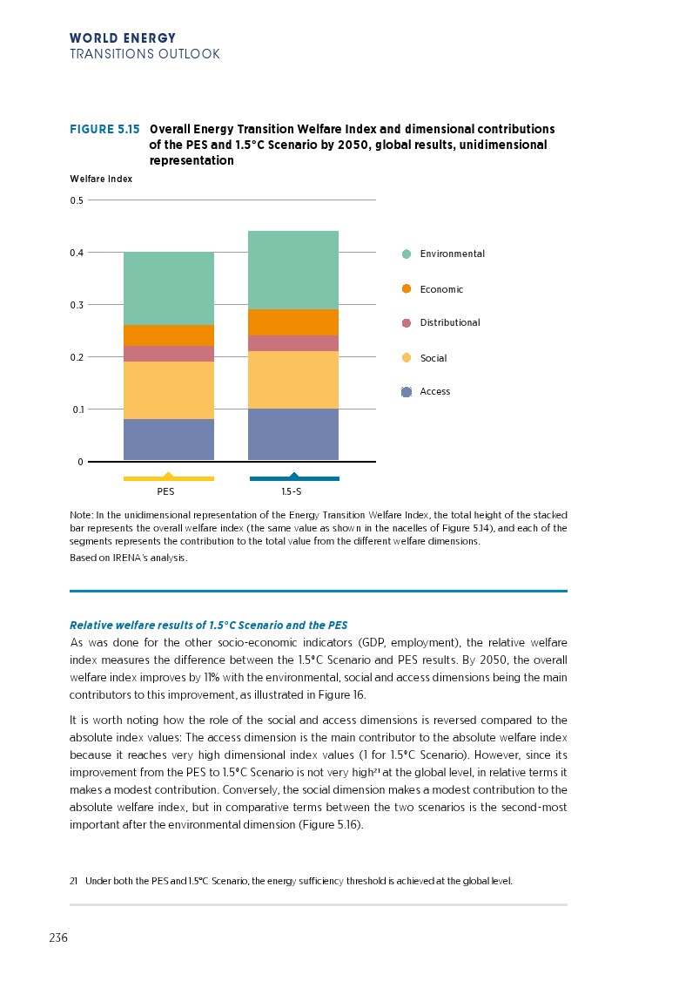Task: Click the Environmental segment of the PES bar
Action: pos(169,288)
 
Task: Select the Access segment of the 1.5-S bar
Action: pos(293,434)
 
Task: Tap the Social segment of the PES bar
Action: pos(169,390)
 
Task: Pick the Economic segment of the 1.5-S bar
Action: pos(293,322)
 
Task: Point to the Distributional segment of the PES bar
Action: pos(169,354)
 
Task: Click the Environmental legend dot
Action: pos(407,254)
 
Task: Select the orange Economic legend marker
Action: pos(407,289)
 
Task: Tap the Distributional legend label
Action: pos(449,323)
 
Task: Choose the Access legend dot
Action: pos(407,392)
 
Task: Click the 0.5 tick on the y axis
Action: pos(77,200)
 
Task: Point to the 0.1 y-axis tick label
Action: pos(77,409)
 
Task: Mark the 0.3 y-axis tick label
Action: pos(77,305)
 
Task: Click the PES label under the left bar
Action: pos(165,492)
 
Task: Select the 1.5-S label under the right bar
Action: pos(292,492)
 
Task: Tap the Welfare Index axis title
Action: pos(101,179)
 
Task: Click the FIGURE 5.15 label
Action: pos(104,129)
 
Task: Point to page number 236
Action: pos(58,938)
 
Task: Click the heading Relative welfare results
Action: pos(208,626)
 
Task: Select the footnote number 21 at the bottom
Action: pos(74,881)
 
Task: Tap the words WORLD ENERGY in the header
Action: pos(123,38)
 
